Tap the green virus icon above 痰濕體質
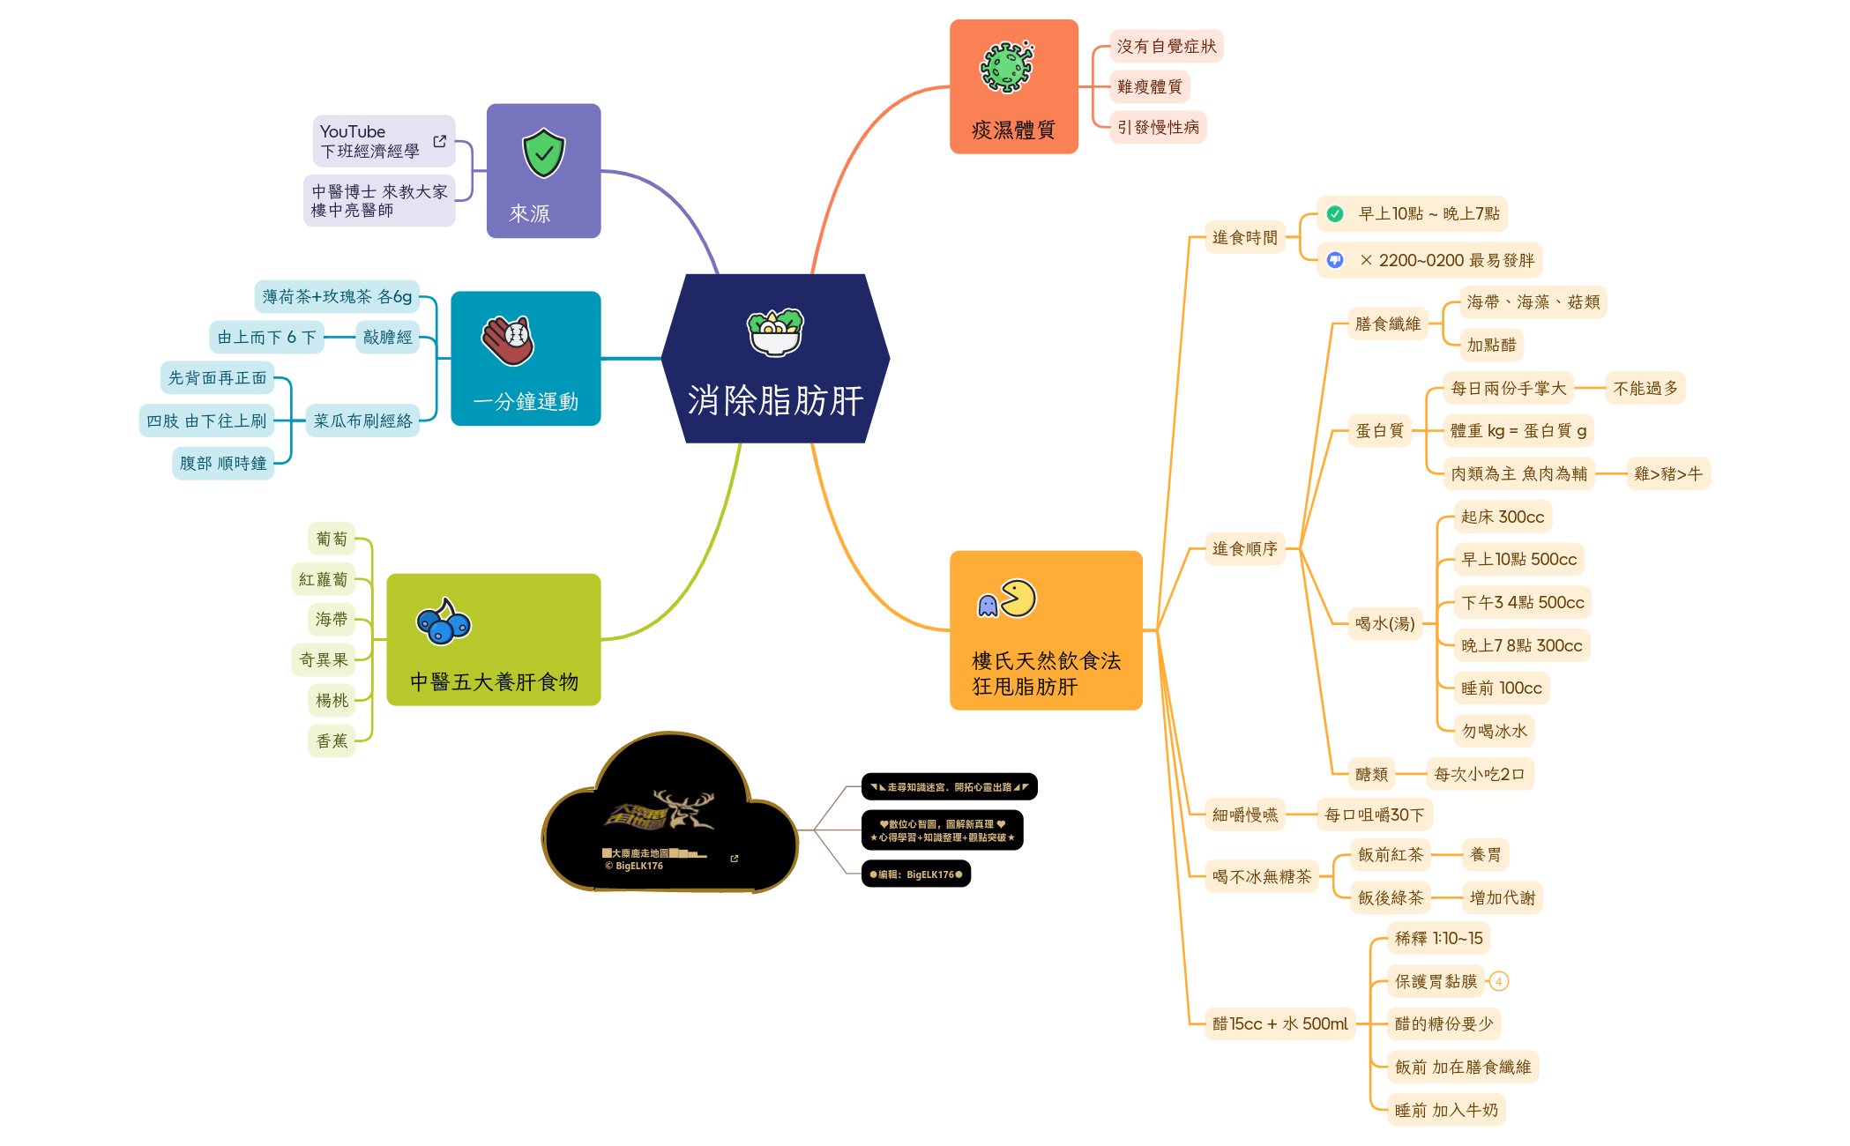point(1006,67)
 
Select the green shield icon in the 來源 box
point(543,153)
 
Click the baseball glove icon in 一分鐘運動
point(508,340)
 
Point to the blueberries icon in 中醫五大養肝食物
point(444,621)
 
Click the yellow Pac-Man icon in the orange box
point(1018,599)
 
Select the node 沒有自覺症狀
point(1166,46)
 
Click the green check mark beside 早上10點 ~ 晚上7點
point(1335,213)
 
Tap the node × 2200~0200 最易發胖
point(1446,260)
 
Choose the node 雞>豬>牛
point(1667,473)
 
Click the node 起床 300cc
point(1502,517)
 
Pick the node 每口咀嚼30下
point(1374,815)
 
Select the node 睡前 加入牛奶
point(1446,1110)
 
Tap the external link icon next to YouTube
point(439,141)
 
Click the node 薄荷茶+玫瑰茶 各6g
point(337,296)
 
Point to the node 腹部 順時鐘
point(223,463)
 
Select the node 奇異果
point(323,659)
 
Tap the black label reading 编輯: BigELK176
point(915,874)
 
